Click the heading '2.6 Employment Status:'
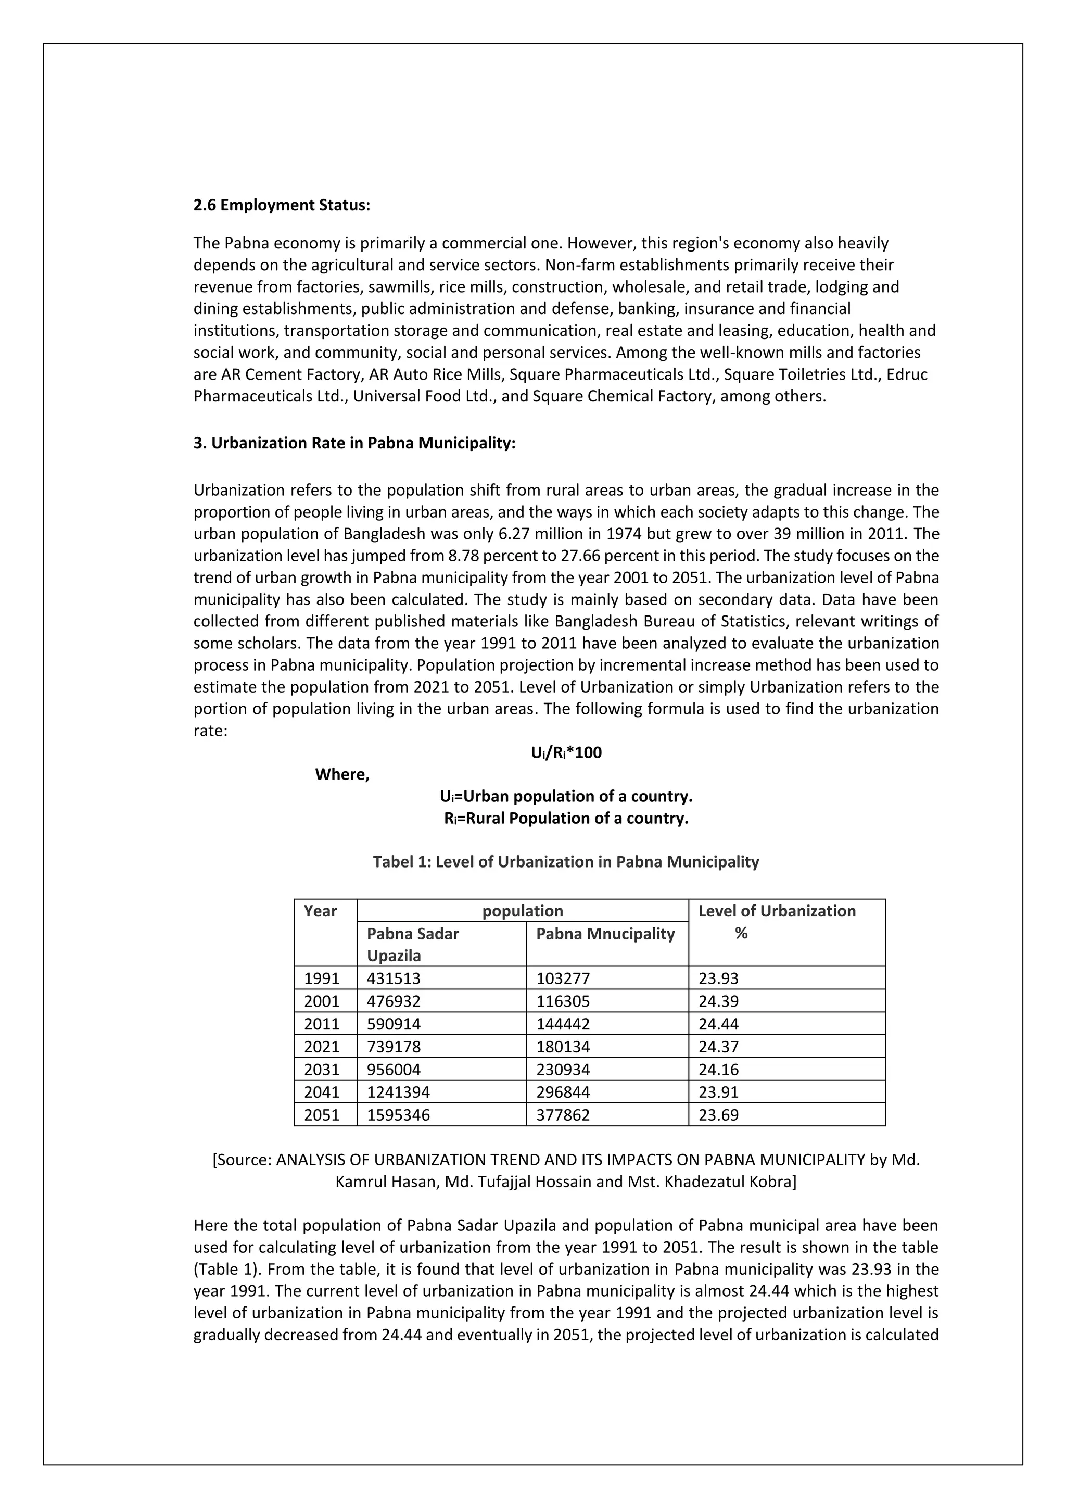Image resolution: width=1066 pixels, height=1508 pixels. click(x=282, y=206)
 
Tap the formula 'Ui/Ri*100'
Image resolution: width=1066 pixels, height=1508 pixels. click(x=566, y=752)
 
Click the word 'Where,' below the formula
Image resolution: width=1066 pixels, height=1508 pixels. click(x=342, y=774)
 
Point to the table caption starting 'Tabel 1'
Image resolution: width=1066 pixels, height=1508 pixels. click(x=566, y=862)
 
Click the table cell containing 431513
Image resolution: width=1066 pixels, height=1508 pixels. click(x=394, y=978)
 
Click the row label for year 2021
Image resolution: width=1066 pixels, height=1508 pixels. click(x=322, y=1047)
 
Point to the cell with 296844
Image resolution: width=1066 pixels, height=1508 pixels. click(x=563, y=1092)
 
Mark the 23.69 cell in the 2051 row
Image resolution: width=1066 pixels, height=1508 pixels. click(x=719, y=1115)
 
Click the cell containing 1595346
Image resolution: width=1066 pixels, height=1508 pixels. click(x=398, y=1115)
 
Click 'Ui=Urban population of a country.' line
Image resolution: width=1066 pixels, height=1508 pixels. click(x=566, y=797)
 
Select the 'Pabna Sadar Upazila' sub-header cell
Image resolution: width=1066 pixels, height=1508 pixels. click(x=413, y=944)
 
